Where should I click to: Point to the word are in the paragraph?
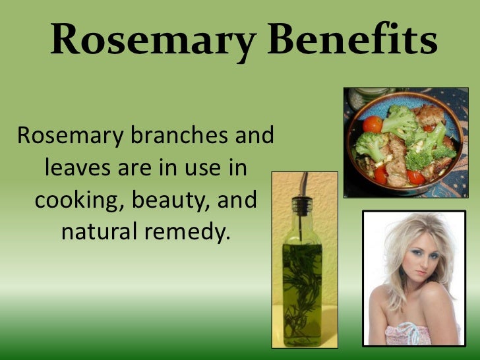point(133,168)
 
